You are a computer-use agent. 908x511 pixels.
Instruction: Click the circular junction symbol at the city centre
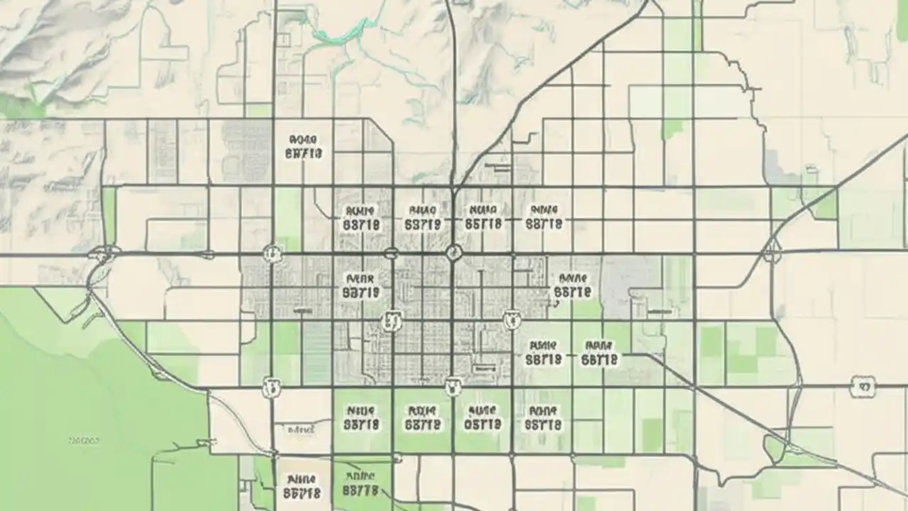(x=454, y=253)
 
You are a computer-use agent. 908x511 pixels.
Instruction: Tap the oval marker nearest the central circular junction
(x=391, y=253)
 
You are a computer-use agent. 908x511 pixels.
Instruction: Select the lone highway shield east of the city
(x=863, y=387)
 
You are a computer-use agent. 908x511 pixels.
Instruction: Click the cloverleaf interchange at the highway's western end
(x=104, y=253)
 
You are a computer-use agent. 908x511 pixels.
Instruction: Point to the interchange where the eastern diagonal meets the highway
(x=772, y=250)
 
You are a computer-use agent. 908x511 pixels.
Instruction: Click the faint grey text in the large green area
(x=84, y=441)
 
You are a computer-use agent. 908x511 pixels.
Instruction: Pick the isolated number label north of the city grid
(x=304, y=147)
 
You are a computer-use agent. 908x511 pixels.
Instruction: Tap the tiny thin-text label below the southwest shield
(x=301, y=429)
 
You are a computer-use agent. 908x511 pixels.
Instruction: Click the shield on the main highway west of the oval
(x=272, y=253)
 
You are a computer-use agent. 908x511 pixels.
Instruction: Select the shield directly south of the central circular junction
(x=453, y=387)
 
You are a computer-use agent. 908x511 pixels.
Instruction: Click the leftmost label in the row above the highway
(x=360, y=218)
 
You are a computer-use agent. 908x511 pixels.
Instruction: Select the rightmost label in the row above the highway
(x=544, y=217)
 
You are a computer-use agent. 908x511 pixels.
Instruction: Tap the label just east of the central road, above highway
(x=483, y=217)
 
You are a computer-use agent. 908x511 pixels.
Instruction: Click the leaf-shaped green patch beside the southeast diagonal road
(x=774, y=446)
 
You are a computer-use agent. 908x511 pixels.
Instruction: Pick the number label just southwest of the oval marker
(x=360, y=285)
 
